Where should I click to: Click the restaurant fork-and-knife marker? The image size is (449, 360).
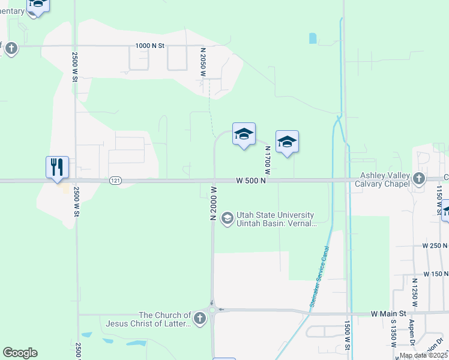(x=58, y=167)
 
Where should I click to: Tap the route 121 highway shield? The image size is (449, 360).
(x=116, y=181)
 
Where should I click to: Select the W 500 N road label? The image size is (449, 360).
(x=251, y=181)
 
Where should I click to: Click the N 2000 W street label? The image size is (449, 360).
(x=213, y=203)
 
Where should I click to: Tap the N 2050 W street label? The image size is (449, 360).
(x=203, y=62)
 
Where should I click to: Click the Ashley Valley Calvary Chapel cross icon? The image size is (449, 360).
(x=419, y=178)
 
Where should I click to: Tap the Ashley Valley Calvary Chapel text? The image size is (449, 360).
(x=385, y=179)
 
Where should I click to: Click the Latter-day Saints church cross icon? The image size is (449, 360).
(x=199, y=319)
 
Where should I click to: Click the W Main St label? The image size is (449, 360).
(x=388, y=313)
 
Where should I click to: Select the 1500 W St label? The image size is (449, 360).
(x=348, y=335)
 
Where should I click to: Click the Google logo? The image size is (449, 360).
(x=20, y=353)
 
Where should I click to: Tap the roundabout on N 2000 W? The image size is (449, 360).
(x=212, y=311)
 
